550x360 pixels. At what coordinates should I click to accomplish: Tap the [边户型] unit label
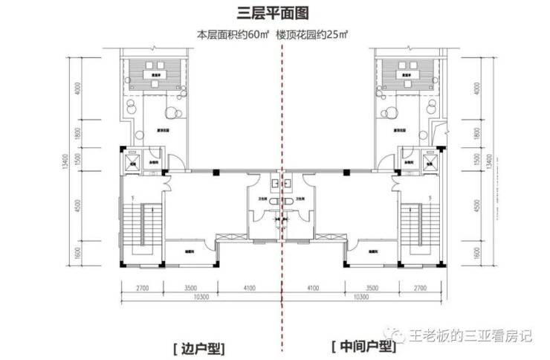pyautogui.click(x=198, y=347)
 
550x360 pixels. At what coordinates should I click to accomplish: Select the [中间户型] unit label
pyautogui.click(x=363, y=347)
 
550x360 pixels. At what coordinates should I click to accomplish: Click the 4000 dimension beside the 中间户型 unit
pyautogui.click(x=476, y=88)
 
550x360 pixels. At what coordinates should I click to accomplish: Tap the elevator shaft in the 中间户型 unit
pyautogui.click(x=430, y=161)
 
